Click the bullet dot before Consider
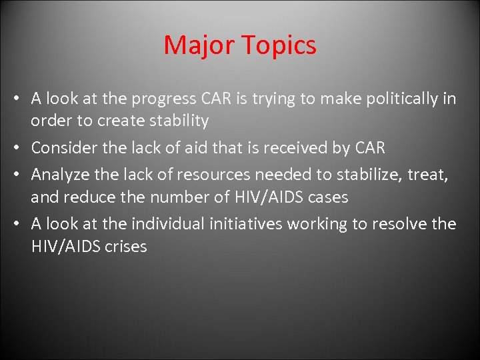pyautogui.click(x=20, y=148)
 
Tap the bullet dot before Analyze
pyautogui.click(x=20, y=175)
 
